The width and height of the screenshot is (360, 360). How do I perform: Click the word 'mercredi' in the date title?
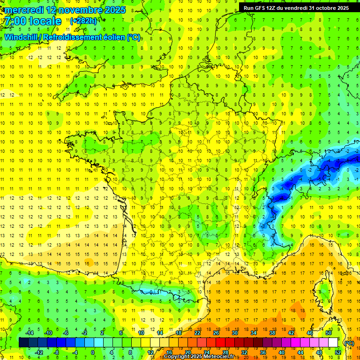(x=22, y=10)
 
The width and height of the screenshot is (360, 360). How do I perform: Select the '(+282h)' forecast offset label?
(x=83, y=21)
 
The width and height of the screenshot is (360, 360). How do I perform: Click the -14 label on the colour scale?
(x=29, y=333)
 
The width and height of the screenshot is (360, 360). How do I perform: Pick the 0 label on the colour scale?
(x=93, y=352)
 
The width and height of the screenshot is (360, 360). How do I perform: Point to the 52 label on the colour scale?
(x=337, y=352)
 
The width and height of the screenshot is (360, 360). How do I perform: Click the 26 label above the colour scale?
(x=216, y=333)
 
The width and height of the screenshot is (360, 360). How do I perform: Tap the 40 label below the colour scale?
(x=281, y=352)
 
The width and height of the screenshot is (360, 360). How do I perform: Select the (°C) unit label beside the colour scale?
(x=349, y=343)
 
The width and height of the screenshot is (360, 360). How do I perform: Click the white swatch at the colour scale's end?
(x=333, y=343)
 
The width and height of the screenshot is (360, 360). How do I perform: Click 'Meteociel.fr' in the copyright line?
(x=225, y=357)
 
